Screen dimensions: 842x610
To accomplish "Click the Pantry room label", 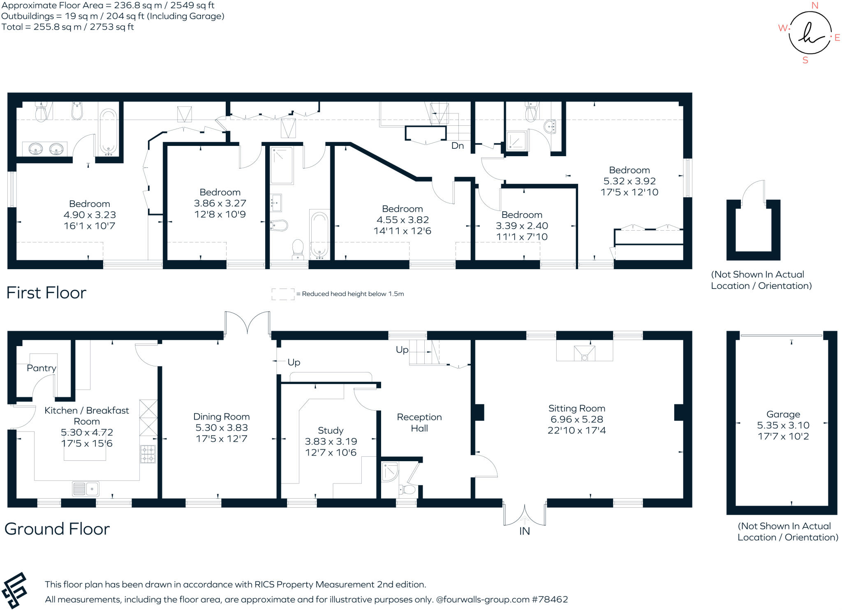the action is (x=42, y=368).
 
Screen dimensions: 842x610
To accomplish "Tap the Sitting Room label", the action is (x=577, y=408).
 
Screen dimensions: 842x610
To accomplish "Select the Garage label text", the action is (x=783, y=414).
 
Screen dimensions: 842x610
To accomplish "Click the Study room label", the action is (x=331, y=430).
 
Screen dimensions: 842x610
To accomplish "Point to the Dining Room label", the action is (x=222, y=417).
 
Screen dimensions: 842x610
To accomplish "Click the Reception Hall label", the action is (x=419, y=423).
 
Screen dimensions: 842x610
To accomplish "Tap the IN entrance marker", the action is (x=525, y=531).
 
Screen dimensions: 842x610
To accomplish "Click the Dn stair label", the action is (x=458, y=146).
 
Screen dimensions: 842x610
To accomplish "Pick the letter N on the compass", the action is (x=815, y=5).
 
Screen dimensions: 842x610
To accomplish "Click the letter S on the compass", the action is (x=805, y=60).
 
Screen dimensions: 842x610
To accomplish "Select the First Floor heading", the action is (x=46, y=293).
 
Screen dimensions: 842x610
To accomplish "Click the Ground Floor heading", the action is (x=57, y=529).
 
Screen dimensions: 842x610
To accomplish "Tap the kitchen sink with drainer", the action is (x=86, y=489).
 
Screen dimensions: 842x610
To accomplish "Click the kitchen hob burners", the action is (x=148, y=454).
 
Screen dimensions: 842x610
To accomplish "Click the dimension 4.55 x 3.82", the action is (x=402, y=220).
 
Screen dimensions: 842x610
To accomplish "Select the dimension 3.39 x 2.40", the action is (x=522, y=226).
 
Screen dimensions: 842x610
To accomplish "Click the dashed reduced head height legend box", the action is (x=283, y=294).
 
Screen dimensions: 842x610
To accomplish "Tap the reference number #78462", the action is (x=550, y=599).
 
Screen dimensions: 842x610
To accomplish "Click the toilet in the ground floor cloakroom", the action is (x=407, y=490).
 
